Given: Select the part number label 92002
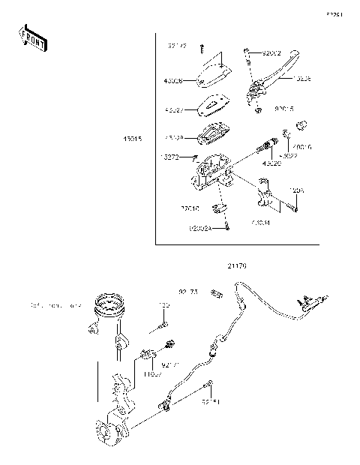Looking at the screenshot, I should pos(272,54).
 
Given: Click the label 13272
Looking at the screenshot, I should pos(170,157).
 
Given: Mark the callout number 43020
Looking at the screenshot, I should pos(271,163).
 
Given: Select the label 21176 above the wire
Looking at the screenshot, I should pos(237,265).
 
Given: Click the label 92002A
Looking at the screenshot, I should pos(201,228).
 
